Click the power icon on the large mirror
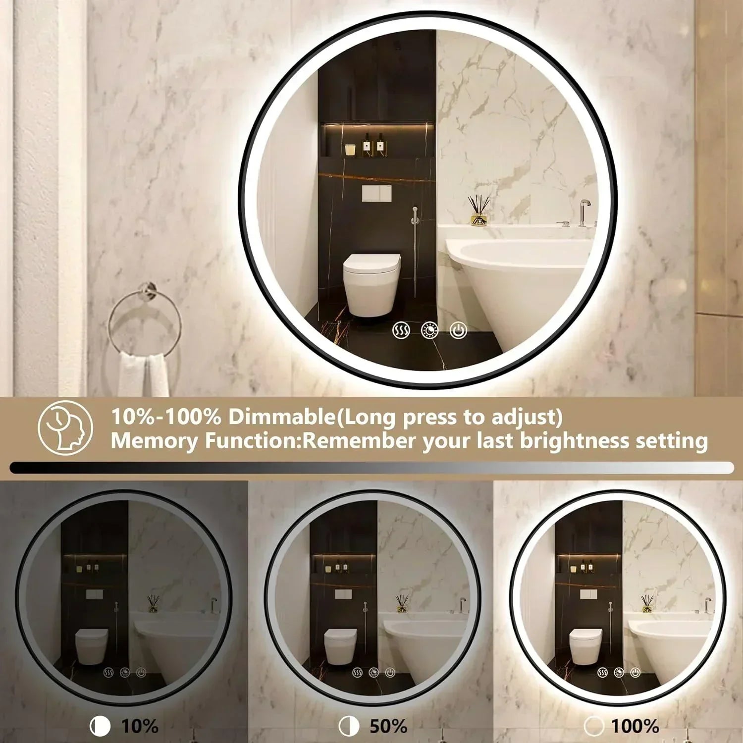click(x=458, y=330)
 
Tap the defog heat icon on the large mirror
click(x=401, y=330)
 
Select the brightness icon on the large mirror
click(x=429, y=330)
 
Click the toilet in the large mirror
click(x=371, y=284)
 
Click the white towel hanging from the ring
click(x=144, y=374)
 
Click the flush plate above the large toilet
click(x=376, y=194)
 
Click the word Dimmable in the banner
click(x=282, y=417)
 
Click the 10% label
click(x=140, y=726)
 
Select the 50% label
click(x=388, y=726)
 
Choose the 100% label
click(x=635, y=726)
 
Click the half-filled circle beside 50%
click(x=349, y=727)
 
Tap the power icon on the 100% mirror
click(x=636, y=672)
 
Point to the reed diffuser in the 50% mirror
click(x=402, y=604)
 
